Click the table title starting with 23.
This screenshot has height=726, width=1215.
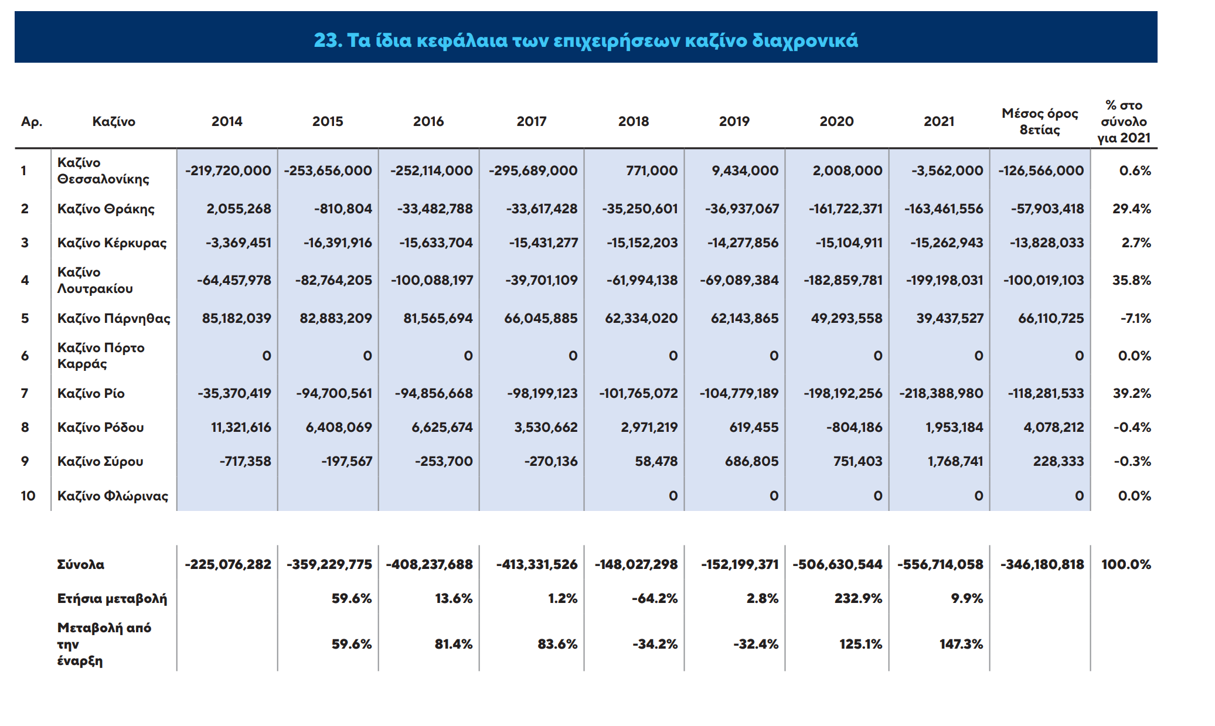pyautogui.click(x=586, y=40)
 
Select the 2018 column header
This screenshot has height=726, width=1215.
pyautogui.click(x=634, y=121)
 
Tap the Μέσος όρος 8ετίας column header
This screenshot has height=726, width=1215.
pyautogui.click(x=1040, y=121)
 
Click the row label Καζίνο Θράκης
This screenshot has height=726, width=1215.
pyautogui.click(x=106, y=209)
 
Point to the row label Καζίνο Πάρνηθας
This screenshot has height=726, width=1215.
pyautogui.click(x=114, y=318)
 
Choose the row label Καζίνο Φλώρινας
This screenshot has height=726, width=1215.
pyautogui.click(x=113, y=496)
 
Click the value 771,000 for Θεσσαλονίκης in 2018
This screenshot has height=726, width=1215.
pyautogui.click(x=652, y=171)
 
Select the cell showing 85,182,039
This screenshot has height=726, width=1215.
pyautogui.click(x=237, y=318)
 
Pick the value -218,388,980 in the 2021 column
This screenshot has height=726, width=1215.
pyautogui.click(x=941, y=393)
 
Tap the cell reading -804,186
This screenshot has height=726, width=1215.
pyautogui.click(x=855, y=427)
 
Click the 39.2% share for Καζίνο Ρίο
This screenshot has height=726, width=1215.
pyautogui.click(x=1132, y=393)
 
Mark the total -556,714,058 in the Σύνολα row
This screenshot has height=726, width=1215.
pyautogui.click(x=940, y=564)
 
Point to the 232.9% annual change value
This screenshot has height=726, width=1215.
pyautogui.click(x=859, y=598)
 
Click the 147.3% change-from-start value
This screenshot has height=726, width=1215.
pyautogui.click(x=961, y=644)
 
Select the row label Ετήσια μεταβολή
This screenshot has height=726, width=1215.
pyautogui.click(x=112, y=599)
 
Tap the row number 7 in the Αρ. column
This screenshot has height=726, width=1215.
pyautogui.click(x=25, y=393)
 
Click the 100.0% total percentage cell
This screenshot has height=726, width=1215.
pyautogui.click(x=1126, y=564)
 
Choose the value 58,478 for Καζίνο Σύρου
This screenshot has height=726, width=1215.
pyautogui.click(x=656, y=461)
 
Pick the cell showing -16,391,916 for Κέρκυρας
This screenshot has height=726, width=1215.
pyautogui.click(x=338, y=243)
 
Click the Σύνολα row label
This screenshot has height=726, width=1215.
pyautogui.click(x=81, y=564)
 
